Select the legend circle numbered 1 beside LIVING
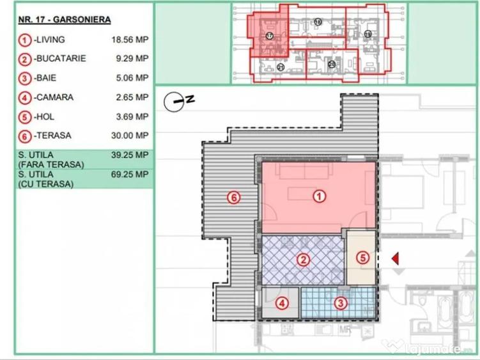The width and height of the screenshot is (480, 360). pos(24,40)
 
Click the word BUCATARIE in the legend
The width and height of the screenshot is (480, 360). pos(61,59)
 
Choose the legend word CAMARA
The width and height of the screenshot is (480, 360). pos(54,98)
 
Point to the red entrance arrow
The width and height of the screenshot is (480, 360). pos(396,258)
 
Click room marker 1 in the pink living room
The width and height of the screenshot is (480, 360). pos(318,198)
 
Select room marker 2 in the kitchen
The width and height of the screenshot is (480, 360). pos(304,260)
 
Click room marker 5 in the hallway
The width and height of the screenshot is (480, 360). pos(362,258)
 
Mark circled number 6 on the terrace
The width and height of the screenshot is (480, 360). pos(234,198)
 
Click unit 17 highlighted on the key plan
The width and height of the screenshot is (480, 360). pos(270,36)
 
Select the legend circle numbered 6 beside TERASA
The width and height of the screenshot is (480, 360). pos(24,136)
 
